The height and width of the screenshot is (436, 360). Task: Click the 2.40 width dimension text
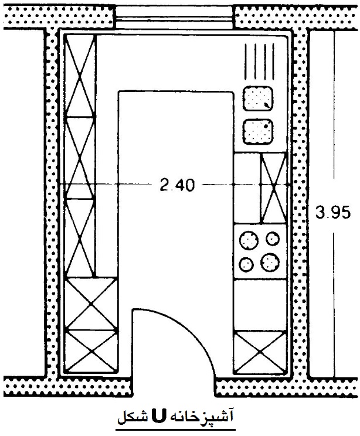coord(177,185)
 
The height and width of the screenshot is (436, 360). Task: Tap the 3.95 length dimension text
coord(332,213)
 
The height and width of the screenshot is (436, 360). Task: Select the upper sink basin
coord(258,98)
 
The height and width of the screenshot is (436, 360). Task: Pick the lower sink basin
coord(258,132)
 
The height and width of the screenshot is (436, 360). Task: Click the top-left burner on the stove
coord(249,240)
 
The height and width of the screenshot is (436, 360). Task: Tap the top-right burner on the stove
coord(273,239)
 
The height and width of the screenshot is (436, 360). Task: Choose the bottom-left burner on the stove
coord(246,264)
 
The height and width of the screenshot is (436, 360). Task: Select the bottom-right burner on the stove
coord(270,262)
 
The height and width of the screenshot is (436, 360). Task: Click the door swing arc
coord(189,328)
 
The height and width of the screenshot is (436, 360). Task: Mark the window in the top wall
coord(175,17)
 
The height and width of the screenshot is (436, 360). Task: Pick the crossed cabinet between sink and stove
coord(274,188)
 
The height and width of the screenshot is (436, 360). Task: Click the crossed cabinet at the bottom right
coord(260,352)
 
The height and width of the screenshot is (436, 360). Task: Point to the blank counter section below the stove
coord(260,305)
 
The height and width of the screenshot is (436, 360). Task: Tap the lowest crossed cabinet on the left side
coord(91,351)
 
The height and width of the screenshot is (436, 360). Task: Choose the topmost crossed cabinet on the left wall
coord(80,76)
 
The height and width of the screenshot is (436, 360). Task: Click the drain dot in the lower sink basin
coord(266,126)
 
